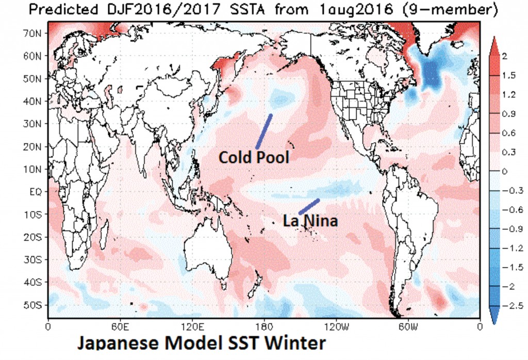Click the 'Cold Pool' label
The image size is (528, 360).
(254, 157)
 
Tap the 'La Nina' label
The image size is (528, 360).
(311, 221)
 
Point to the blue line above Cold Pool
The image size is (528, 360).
(263, 132)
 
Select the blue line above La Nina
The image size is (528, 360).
(309, 206)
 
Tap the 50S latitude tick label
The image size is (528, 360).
(36, 305)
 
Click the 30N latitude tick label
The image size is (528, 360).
(36, 124)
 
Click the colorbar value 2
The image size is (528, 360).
(504, 56)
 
